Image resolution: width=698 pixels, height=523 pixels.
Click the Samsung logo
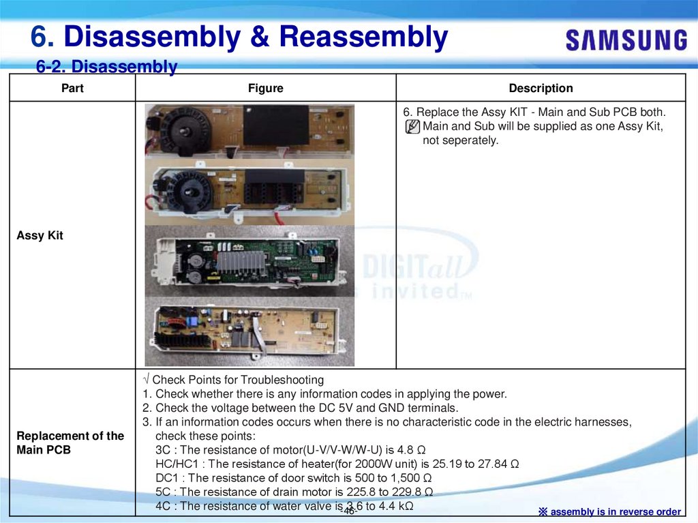[x=626, y=40]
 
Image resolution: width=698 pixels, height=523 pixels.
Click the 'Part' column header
[x=72, y=88]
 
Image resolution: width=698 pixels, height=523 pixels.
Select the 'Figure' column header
[x=265, y=88]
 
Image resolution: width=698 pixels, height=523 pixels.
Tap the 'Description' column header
[x=541, y=88]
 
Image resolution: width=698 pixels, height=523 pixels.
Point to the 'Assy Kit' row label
[x=40, y=236]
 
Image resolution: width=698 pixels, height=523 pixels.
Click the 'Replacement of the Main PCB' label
[x=70, y=443]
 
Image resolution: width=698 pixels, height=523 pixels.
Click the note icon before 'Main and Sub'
[x=412, y=127]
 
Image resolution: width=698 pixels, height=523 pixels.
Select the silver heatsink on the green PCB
[x=244, y=262]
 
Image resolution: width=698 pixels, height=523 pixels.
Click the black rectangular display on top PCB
[x=275, y=125]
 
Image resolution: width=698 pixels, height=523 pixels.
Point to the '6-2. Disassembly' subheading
[x=107, y=67]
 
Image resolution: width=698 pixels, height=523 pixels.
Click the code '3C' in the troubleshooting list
[x=163, y=450]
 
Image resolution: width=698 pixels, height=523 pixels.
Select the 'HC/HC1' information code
[x=174, y=464]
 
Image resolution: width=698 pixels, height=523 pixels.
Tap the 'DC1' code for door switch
[x=167, y=478]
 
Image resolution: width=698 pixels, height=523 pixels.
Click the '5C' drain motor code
[x=163, y=492]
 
